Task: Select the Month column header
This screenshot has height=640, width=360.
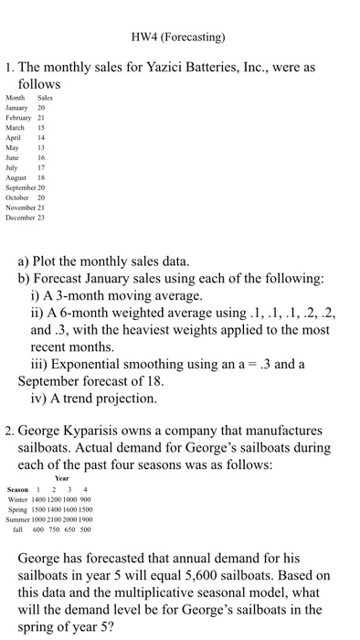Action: (x=17, y=98)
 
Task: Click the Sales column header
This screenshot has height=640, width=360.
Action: (x=45, y=98)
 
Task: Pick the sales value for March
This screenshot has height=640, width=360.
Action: (x=41, y=127)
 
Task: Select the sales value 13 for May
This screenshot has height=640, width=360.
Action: (x=41, y=147)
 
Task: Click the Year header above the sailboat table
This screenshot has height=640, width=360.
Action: (x=61, y=478)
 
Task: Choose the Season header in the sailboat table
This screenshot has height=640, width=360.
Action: (x=18, y=489)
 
